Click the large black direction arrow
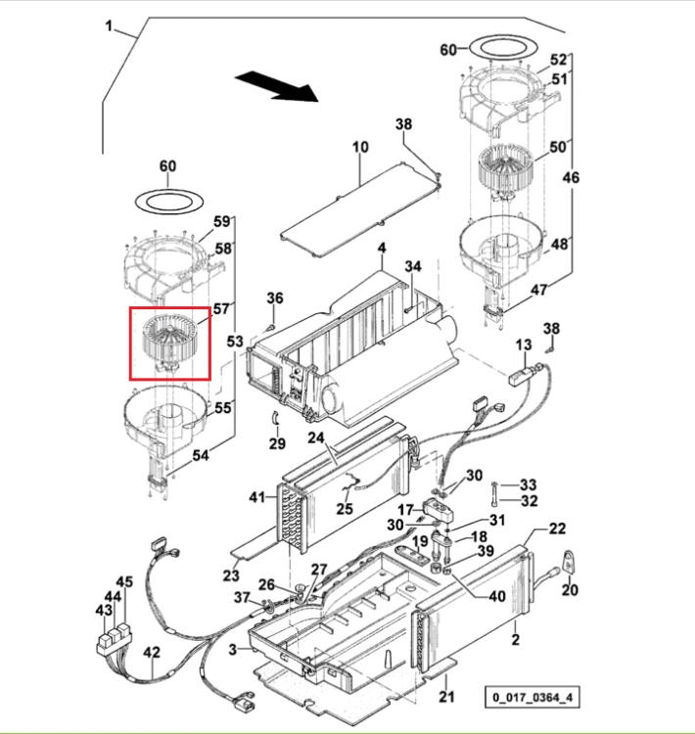point(276,86)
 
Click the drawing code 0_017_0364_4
point(533,698)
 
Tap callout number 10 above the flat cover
point(360,147)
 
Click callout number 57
point(221,309)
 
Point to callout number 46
point(571,177)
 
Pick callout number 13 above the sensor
point(524,345)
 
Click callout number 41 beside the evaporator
point(257,497)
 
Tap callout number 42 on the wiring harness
point(152,653)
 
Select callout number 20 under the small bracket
point(570,590)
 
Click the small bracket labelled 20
point(570,562)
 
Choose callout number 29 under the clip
point(277,443)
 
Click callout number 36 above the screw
point(275,298)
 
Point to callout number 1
point(109,25)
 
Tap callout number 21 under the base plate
point(446,697)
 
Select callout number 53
point(235,342)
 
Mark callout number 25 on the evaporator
point(345,508)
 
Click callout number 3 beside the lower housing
point(233,650)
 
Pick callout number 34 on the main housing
point(413,266)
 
